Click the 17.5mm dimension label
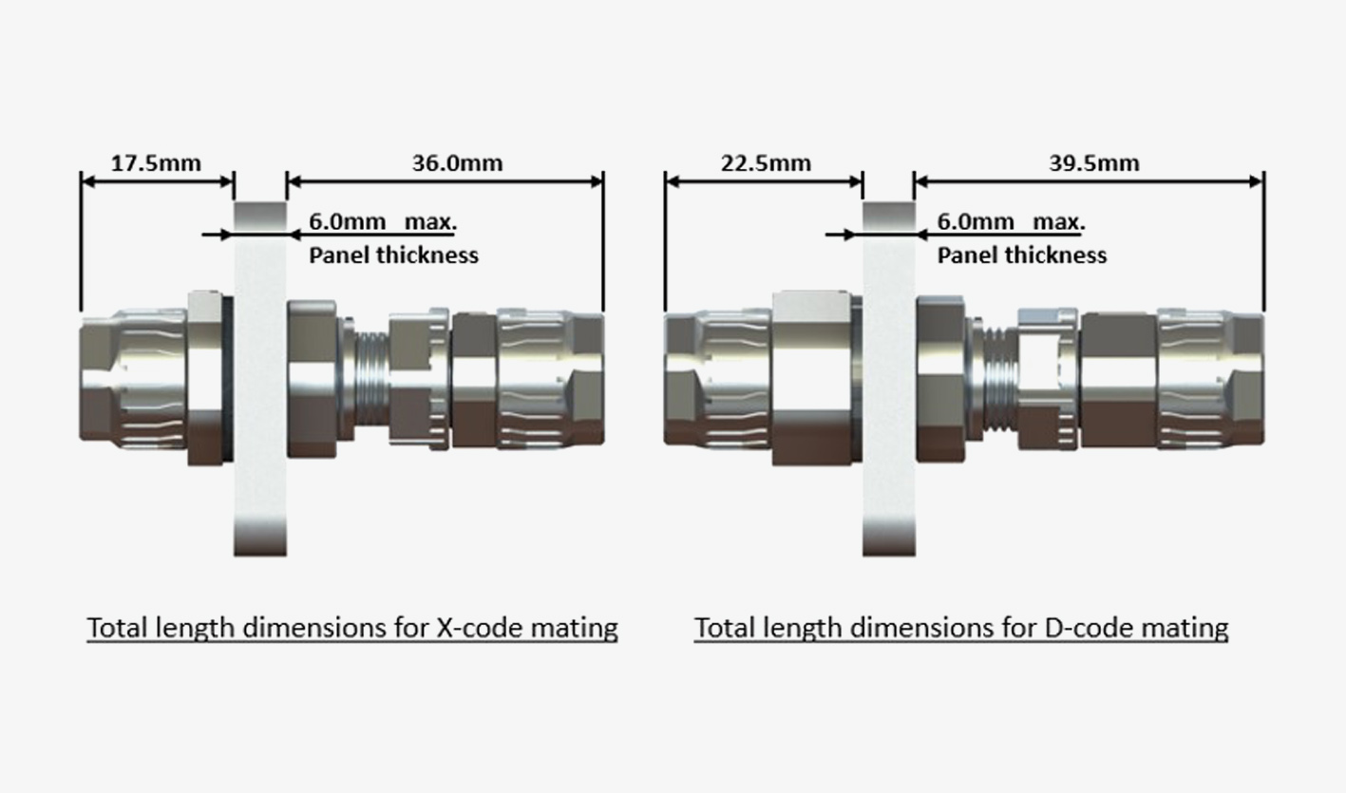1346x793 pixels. coord(157,162)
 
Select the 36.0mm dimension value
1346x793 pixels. coord(457,162)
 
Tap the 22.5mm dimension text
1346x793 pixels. coord(766,162)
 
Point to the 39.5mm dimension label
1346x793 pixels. coord(1093,162)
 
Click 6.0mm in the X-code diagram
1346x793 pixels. coord(348,222)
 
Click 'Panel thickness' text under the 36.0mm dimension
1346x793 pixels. coord(394,255)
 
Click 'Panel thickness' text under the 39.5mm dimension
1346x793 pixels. coord(1022,255)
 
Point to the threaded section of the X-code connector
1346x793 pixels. coord(370,380)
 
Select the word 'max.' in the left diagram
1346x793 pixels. coord(431,222)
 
